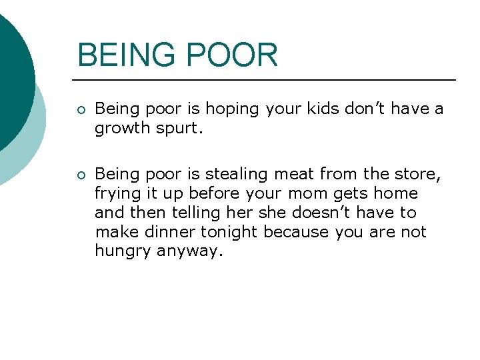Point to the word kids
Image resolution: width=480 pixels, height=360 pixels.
point(325,109)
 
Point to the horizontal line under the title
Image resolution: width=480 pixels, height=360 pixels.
point(267,80)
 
